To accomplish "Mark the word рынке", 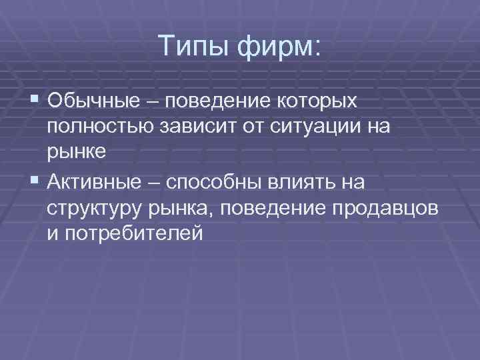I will pyautogui.click(x=76, y=151).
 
